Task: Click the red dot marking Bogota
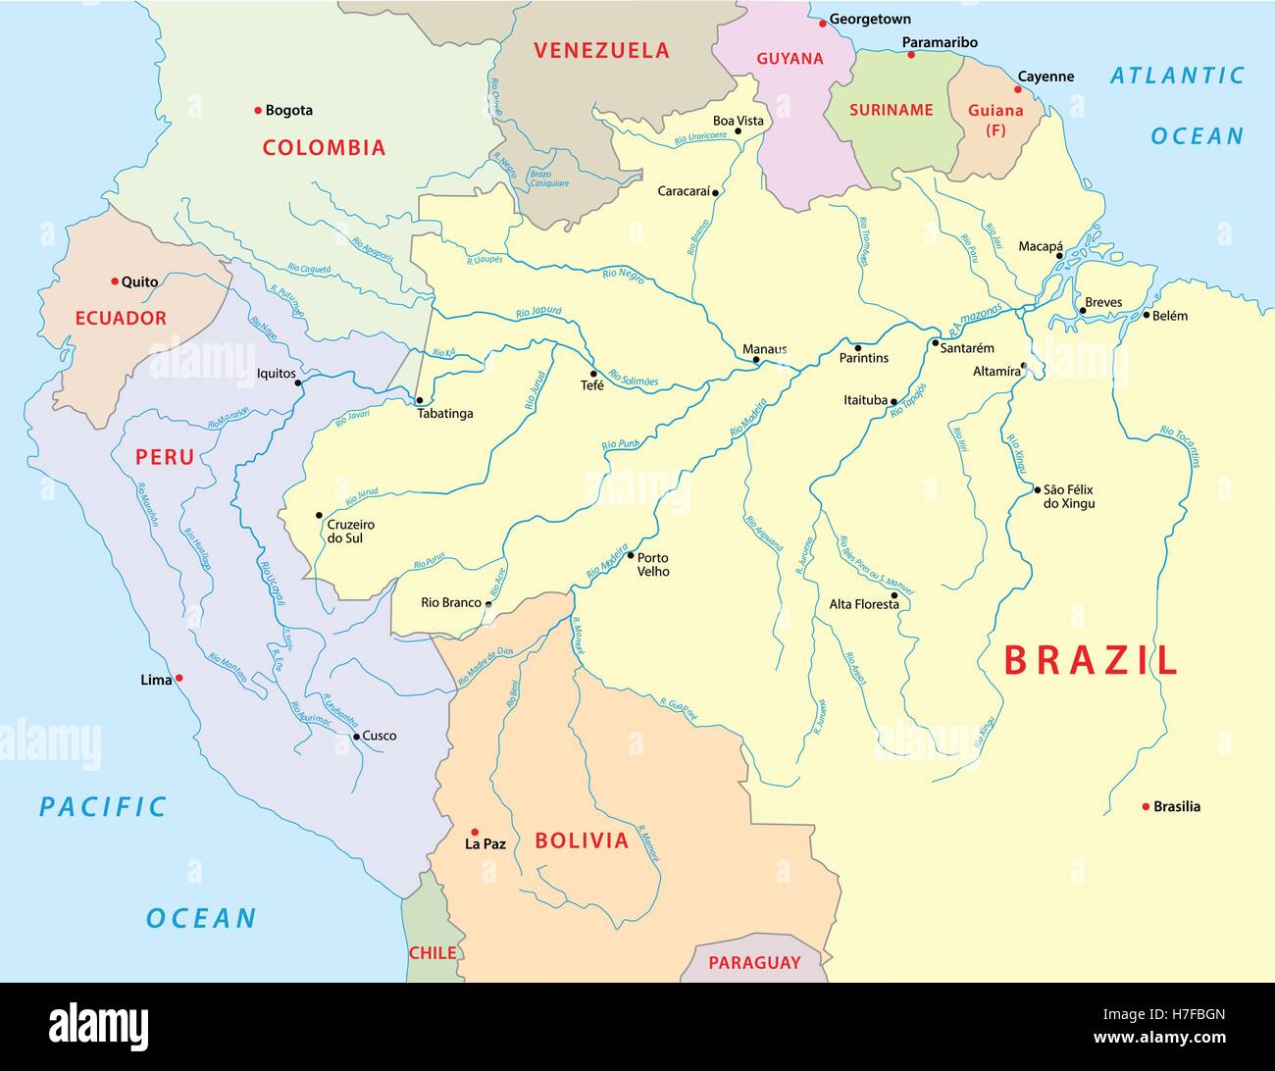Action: (258, 110)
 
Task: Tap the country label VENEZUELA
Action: (601, 51)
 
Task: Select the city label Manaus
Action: (764, 349)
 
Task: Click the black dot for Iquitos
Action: (298, 383)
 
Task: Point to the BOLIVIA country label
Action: (582, 841)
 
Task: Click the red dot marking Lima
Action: (179, 678)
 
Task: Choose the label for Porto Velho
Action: (653, 564)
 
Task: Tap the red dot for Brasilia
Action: (1146, 806)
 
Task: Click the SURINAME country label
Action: (891, 110)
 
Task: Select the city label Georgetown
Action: (870, 19)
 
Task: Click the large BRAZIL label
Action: (1090, 661)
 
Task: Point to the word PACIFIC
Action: (103, 807)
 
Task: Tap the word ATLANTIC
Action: (1177, 76)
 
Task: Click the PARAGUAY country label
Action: (754, 962)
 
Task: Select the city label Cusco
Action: (380, 736)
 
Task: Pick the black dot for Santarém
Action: (935, 344)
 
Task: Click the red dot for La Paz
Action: (475, 831)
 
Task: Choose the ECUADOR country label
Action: (121, 318)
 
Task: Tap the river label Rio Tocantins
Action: (1180, 447)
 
